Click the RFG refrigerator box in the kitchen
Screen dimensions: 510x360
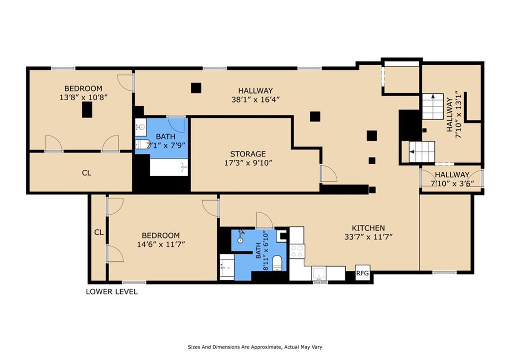(x=363, y=273)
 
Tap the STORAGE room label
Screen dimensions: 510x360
(x=248, y=154)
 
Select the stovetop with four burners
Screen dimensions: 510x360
(x=297, y=251)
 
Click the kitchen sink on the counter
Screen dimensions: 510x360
(x=319, y=273)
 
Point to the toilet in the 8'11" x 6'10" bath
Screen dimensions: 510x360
(x=277, y=263)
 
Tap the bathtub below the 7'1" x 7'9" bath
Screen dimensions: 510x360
(x=169, y=167)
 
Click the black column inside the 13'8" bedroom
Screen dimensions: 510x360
(x=87, y=110)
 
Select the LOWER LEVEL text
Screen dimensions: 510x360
(x=112, y=292)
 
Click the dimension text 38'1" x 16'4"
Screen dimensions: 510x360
(x=255, y=100)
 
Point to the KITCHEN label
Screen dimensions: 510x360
(x=368, y=228)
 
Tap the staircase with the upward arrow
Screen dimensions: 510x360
(x=433, y=107)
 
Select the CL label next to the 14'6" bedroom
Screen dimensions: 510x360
(x=99, y=232)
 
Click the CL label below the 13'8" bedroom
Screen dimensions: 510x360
(x=87, y=173)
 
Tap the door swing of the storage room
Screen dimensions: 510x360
(x=329, y=173)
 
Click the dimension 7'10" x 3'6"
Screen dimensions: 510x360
(x=452, y=183)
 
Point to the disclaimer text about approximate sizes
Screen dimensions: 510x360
(x=255, y=347)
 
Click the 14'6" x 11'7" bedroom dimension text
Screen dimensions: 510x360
(x=161, y=244)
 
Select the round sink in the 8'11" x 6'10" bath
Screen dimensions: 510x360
(x=241, y=240)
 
